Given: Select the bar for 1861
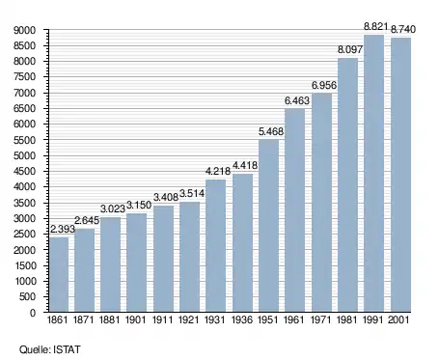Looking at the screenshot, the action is [59, 274].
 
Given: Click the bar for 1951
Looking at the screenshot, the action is [268, 226].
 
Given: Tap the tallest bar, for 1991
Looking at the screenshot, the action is [373, 174].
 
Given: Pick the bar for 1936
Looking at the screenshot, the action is [242, 243].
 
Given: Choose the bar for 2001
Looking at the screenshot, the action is [400, 175].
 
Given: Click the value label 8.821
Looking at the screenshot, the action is [375, 26].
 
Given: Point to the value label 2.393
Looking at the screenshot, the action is [63, 229].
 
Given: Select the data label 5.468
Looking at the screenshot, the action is [271, 131].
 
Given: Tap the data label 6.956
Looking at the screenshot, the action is [324, 85].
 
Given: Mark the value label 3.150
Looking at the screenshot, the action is [139, 205].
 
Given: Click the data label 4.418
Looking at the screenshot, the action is [245, 165].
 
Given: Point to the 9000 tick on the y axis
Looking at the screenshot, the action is [24, 30].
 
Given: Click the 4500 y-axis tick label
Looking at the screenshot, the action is [24, 171].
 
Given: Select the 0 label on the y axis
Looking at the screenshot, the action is [33, 313].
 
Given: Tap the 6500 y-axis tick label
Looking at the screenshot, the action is [24, 108].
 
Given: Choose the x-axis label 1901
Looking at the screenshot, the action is [135, 320].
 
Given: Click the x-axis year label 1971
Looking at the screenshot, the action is [321, 320].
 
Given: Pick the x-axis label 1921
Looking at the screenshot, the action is [188, 320].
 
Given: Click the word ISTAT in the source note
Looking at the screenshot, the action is [67, 349].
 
